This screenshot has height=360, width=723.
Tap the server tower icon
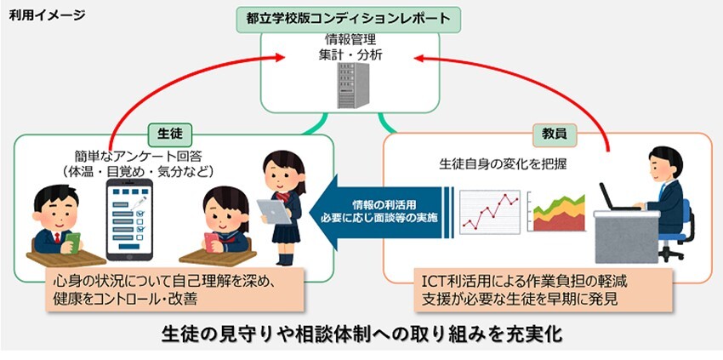coord(354,85)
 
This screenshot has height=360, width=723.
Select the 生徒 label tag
coord(169,134)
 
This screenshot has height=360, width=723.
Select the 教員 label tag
coord(555,134)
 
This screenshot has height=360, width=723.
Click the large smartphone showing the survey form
coord(129,220)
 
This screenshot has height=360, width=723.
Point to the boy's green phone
coord(72,242)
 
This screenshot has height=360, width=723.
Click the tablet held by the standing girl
coord(273,211)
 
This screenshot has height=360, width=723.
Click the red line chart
coord(490,213)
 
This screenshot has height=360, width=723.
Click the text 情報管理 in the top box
coord(350,41)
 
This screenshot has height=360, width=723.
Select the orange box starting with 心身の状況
coord(174,290)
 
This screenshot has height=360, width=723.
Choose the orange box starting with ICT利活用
coord(543,290)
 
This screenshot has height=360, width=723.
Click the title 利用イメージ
coord(47,15)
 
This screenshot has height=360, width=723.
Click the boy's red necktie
coord(57,238)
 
